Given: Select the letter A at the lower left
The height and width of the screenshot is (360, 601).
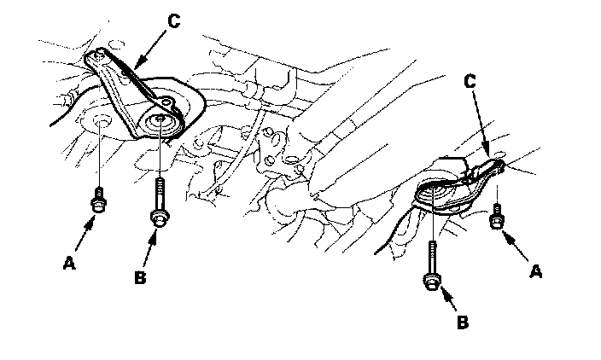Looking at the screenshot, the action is [x=68, y=264].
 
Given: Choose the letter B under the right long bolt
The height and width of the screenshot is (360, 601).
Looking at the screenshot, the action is [x=462, y=323].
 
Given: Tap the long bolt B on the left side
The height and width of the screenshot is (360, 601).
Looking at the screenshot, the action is [x=159, y=205].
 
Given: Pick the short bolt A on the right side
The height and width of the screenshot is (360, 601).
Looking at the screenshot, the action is [x=495, y=218].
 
